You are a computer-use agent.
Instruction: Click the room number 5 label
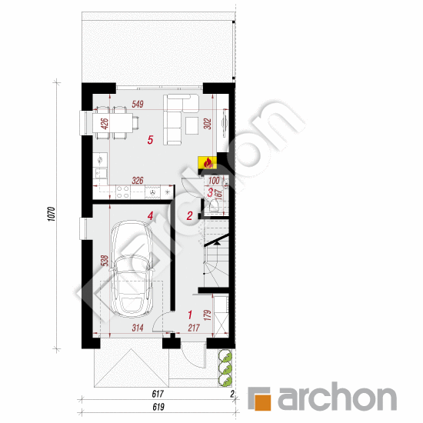pyautogui.click(x=151, y=140)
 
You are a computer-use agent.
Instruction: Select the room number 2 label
pyautogui.click(x=190, y=216)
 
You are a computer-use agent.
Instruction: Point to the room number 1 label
pyautogui.click(x=189, y=314)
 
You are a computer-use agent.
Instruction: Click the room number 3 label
pyautogui.click(x=211, y=192)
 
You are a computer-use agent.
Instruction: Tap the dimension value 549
pyautogui.click(x=139, y=104)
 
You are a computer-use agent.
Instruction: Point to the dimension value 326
pyautogui.click(x=138, y=182)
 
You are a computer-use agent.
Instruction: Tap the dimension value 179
pyautogui.click(x=206, y=315)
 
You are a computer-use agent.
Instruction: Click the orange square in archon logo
pyautogui.click(x=262, y=399)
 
